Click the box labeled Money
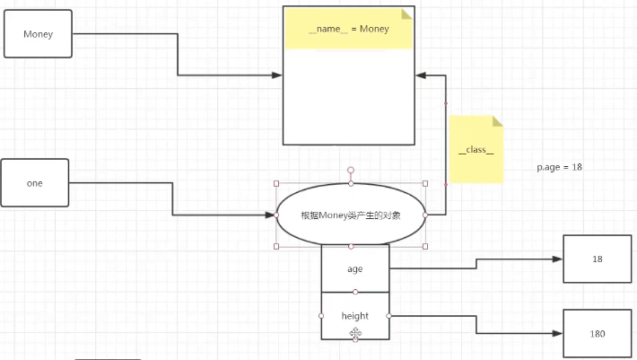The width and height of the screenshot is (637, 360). click(38, 34)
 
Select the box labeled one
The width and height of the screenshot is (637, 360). click(35, 183)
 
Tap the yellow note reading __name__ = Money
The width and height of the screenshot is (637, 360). click(348, 29)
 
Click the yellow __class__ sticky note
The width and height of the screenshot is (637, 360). click(476, 150)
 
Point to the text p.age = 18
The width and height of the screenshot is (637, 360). click(560, 168)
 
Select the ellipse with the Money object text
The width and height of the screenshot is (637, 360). click(350, 215)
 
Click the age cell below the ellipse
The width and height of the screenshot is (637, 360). click(355, 268)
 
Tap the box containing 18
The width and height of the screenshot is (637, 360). click(598, 259)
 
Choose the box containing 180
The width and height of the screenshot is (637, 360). click(598, 333)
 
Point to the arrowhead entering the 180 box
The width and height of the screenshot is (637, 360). click(558, 333)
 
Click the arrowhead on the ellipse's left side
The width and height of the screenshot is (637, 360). click(271, 215)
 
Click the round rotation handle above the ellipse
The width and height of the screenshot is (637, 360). click(351, 169)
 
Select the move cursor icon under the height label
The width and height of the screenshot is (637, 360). click(355, 333)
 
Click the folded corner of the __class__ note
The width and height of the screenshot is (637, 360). click(497, 121)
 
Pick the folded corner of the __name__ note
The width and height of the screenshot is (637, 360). click(406, 13)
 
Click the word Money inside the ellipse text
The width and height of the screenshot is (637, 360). click(334, 215)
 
